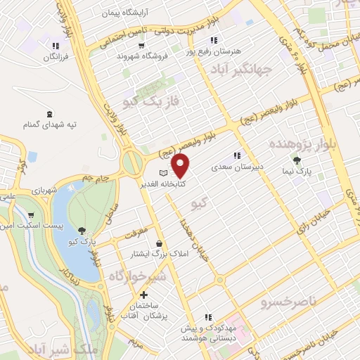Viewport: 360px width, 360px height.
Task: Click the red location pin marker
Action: click(x=181, y=166)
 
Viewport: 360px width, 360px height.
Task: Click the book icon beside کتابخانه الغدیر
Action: click(x=164, y=173)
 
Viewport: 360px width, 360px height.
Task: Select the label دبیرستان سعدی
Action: click(x=238, y=167)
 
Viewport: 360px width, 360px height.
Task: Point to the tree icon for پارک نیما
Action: click(x=305, y=160)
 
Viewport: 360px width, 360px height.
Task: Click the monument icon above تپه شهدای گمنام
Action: click(x=49, y=113)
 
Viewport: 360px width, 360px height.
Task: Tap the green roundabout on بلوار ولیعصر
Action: click(x=131, y=163)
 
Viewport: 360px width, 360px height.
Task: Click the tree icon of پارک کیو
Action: click(x=83, y=231)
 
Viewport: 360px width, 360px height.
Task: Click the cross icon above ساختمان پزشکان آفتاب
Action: click(x=143, y=295)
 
